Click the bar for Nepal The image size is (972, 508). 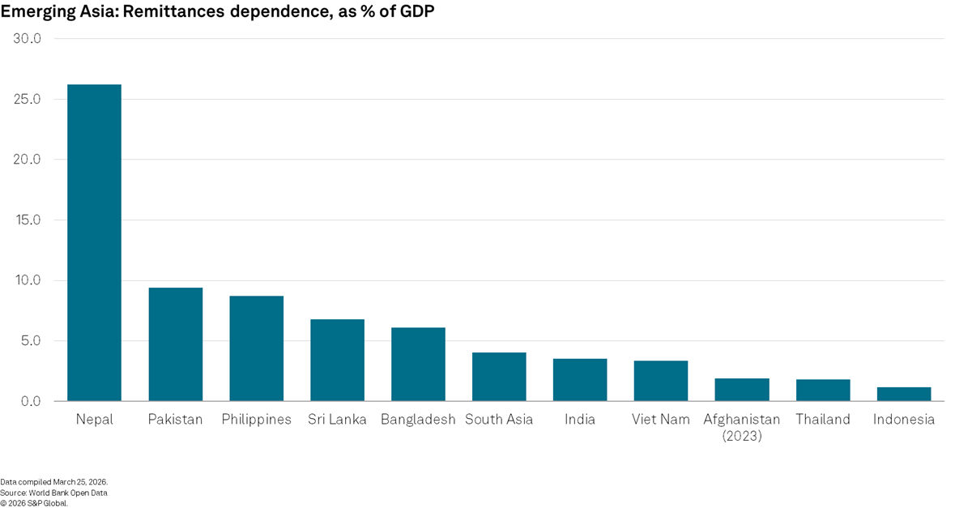(x=94, y=243)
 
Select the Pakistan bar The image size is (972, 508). (x=175, y=344)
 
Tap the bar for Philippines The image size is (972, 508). (x=256, y=348)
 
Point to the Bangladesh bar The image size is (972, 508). (x=418, y=365)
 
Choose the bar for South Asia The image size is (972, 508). (x=499, y=377)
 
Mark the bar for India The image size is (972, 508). (x=580, y=380)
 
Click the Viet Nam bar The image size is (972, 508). (x=661, y=381)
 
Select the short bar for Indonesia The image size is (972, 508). (x=904, y=395)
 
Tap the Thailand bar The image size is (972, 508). (x=823, y=391)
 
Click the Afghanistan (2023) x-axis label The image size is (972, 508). (x=742, y=427)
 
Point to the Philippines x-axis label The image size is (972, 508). (x=256, y=420)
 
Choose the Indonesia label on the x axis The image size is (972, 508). (x=904, y=420)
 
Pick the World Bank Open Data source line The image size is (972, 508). (x=53, y=493)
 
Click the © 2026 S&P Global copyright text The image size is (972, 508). (x=34, y=502)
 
